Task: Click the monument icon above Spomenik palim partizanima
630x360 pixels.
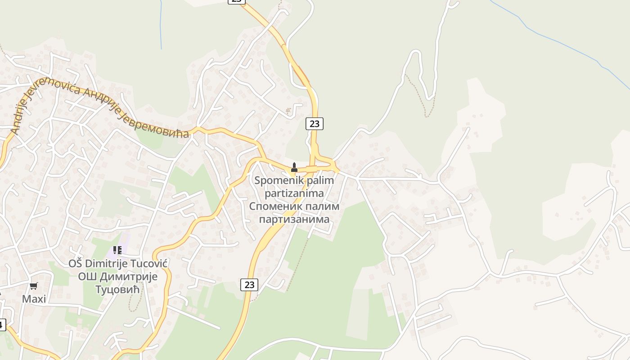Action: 294,167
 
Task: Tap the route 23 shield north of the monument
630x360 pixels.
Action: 315,123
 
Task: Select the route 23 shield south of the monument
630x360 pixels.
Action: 249,284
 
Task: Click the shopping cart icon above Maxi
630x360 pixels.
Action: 34,286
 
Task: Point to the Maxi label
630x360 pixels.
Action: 34,299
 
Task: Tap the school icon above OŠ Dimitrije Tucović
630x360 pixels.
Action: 117,250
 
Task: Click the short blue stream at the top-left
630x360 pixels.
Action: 161,25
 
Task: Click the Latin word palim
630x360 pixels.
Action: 319,181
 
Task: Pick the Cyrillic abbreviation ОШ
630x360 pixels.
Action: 88,276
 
